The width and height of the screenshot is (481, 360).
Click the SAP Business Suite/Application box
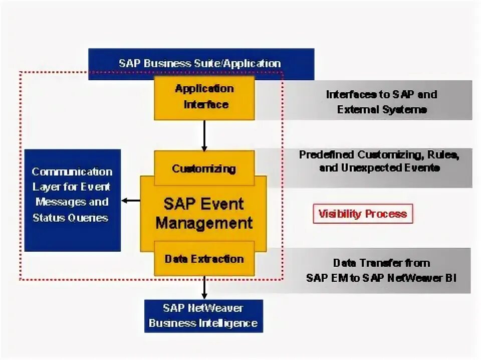(x=201, y=63)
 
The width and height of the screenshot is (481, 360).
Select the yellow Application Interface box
(x=204, y=97)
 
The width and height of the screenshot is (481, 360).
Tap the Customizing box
(x=203, y=168)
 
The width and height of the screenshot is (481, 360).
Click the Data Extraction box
(x=204, y=259)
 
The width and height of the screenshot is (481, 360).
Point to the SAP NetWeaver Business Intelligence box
(x=203, y=315)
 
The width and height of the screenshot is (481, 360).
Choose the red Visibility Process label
(x=363, y=214)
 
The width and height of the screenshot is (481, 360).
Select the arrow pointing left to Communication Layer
(x=131, y=201)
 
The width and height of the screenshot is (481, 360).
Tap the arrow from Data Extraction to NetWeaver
(x=204, y=288)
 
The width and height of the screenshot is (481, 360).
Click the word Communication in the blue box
(x=72, y=171)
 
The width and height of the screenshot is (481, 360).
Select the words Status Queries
(x=70, y=218)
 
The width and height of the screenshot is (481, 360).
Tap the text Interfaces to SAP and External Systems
(x=381, y=102)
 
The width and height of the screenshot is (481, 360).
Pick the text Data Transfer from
(x=381, y=263)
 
